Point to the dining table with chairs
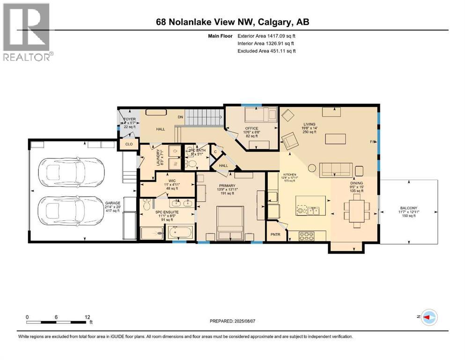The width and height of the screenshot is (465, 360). click(357, 210)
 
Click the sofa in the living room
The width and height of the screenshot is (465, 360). click(335, 170)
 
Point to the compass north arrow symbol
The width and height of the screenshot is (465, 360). click(428, 318)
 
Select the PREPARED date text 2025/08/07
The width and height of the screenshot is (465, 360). click(234, 322)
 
